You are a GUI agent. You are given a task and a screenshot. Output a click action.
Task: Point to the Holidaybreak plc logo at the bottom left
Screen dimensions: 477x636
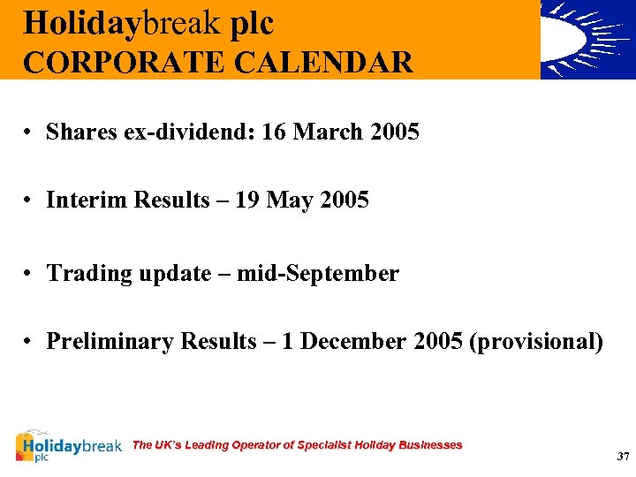point(69,447)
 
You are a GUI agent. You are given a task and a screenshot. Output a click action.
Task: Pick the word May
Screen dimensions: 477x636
point(290,201)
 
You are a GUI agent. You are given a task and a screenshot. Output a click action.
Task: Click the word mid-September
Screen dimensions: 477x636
point(329,274)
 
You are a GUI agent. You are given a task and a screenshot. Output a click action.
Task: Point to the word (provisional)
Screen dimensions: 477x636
point(536,342)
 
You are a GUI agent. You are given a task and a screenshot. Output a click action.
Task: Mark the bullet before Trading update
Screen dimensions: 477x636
point(29,274)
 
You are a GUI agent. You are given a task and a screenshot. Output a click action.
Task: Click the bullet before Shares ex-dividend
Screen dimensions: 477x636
point(29,132)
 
